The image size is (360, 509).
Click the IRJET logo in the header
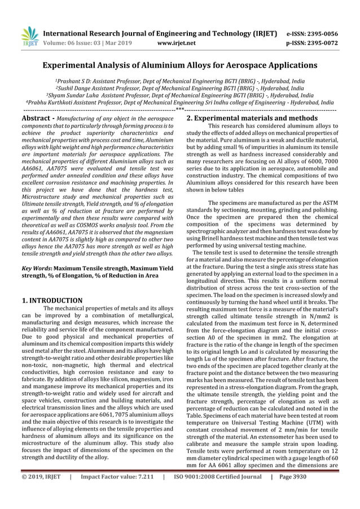pos(30,37)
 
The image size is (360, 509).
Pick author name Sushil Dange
pos(80,89)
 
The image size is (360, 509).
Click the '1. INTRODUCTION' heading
pos(52,300)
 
